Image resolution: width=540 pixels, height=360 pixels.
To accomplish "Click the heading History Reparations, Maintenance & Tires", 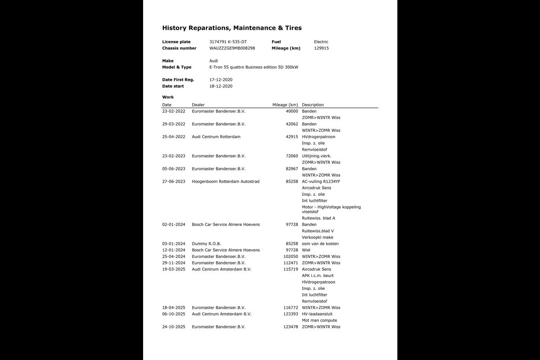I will pyautogui.click(x=232, y=28).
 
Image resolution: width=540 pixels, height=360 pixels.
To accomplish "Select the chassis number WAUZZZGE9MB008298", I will pyautogui.click(x=232, y=48).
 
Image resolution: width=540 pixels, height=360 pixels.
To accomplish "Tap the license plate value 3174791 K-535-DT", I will pyautogui.click(x=228, y=42).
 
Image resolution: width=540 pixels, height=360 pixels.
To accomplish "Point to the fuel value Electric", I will pyautogui.click(x=321, y=42).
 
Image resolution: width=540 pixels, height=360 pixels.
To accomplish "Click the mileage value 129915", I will pyautogui.click(x=321, y=48).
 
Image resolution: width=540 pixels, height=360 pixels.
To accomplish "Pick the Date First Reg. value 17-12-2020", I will pyautogui.click(x=221, y=80).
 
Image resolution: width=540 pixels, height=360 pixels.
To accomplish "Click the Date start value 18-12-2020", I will pyautogui.click(x=221, y=86).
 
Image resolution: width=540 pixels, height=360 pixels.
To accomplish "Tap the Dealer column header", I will pyautogui.click(x=198, y=105).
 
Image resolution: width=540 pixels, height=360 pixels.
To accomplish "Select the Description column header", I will pyautogui.click(x=313, y=105).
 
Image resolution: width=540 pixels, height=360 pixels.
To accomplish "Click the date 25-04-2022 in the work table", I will pyautogui.click(x=174, y=137).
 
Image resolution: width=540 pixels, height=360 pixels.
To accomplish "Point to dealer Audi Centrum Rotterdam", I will pyautogui.click(x=216, y=137).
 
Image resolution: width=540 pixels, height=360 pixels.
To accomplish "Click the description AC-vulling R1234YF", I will pyautogui.click(x=321, y=181).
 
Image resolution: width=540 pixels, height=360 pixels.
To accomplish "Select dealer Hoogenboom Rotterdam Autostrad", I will pyautogui.click(x=225, y=181).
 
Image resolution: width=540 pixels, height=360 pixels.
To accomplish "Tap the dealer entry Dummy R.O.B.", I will pyautogui.click(x=206, y=244).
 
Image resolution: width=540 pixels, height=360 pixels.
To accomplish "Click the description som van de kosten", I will pyautogui.click(x=320, y=244).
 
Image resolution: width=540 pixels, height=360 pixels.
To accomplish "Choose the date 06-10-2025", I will pyautogui.click(x=174, y=314).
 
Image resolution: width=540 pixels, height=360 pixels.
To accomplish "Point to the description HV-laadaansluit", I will pyautogui.click(x=317, y=314).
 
